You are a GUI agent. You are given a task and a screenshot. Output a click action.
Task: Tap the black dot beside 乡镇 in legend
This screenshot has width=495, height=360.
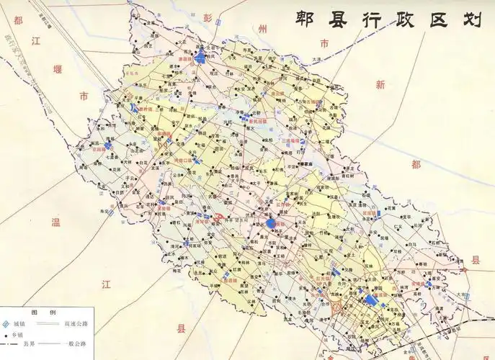click(6, 336)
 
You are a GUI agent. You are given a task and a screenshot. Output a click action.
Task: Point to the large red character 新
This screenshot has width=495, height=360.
click(380, 84)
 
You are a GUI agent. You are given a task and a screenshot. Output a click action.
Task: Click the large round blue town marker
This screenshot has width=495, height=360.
click(271, 224)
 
